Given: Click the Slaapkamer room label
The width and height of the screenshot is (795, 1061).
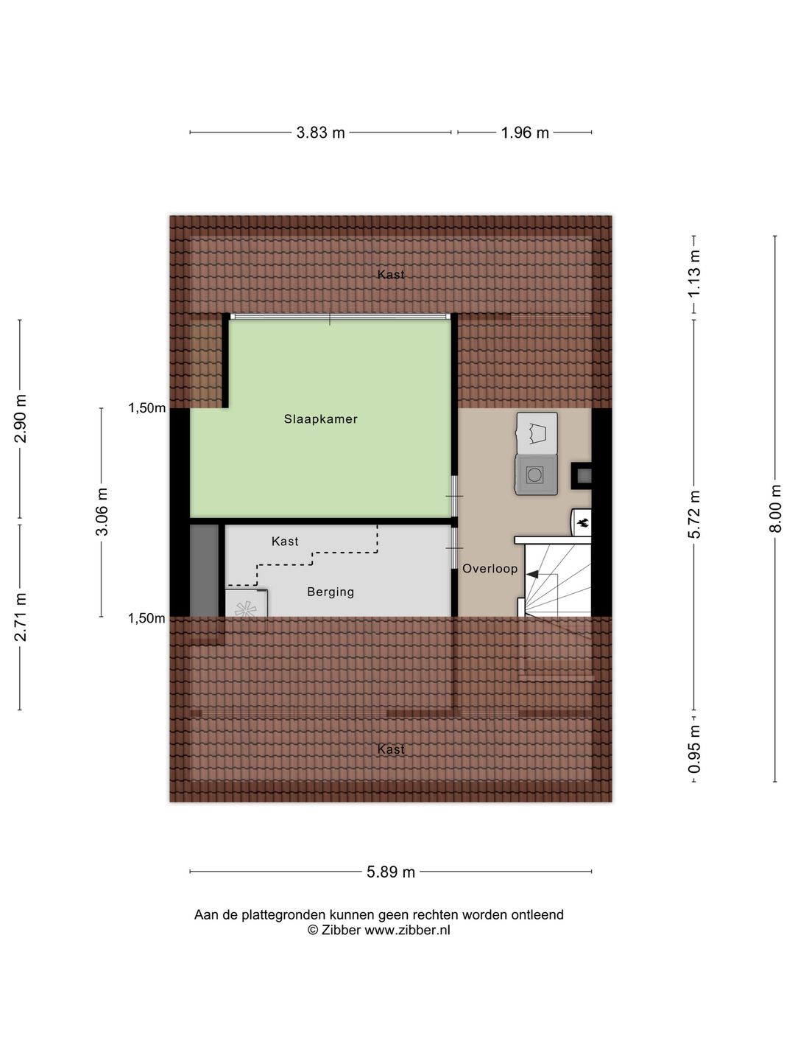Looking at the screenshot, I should click(x=321, y=419).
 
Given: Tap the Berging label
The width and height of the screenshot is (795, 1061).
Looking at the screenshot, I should click(x=331, y=592).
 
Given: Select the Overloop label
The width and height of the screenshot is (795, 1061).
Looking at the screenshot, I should click(x=490, y=569).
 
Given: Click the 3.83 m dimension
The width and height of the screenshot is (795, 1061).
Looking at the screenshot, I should click(x=320, y=133).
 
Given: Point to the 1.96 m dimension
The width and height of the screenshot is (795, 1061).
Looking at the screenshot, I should click(x=525, y=133).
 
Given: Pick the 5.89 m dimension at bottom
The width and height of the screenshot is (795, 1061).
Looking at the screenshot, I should click(x=391, y=872).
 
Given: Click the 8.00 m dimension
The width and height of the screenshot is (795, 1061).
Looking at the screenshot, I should click(x=774, y=508).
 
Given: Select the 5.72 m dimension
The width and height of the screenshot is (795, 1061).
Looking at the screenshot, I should click(x=694, y=514).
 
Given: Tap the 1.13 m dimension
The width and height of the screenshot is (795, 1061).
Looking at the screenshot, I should click(x=694, y=273).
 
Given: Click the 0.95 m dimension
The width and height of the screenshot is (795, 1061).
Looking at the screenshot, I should click(x=694, y=749).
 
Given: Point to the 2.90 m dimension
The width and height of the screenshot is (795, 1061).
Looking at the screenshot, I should click(x=21, y=419).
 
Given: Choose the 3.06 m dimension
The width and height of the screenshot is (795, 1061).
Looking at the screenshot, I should click(x=102, y=512).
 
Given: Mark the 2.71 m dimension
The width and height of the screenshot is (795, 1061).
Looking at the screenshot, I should click(x=21, y=617).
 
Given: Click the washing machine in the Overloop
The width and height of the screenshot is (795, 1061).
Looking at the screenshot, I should click(x=535, y=475).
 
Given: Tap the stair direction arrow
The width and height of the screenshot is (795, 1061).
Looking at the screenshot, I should click(x=534, y=574).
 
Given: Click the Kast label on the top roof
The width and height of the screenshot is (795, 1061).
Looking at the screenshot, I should click(x=391, y=275).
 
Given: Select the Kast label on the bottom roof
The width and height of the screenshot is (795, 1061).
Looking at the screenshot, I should click(x=391, y=749).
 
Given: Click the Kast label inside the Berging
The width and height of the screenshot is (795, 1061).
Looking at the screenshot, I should click(x=285, y=542).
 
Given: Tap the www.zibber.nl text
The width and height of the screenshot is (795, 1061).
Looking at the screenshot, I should click(x=407, y=931).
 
